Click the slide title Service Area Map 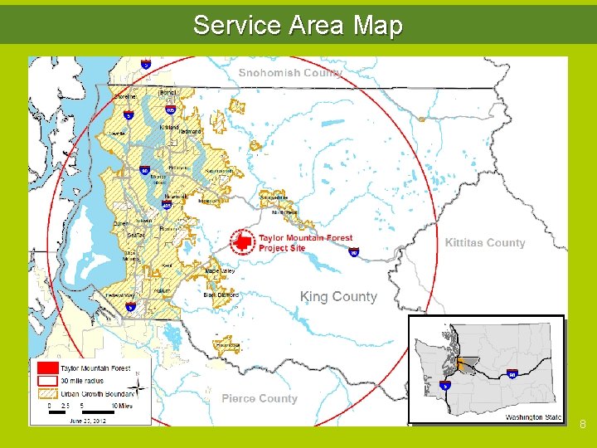coord(298,25)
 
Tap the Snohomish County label coord(290,73)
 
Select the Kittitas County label coord(485,243)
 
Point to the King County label coord(338,297)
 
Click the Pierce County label coord(259,399)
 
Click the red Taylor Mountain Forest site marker coord(242,241)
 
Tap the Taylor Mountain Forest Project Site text coord(304,242)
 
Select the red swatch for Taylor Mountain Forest coord(47,368)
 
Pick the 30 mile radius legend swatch coord(47,380)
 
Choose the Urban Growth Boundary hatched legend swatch coord(47,392)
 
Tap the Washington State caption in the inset coord(533,417)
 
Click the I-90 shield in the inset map coord(512,374)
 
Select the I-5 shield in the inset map coord(445,386)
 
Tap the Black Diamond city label coord(221,295)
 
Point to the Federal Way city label coord(122,295)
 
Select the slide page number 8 coord(583,425)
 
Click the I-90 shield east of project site coord(353,252)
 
